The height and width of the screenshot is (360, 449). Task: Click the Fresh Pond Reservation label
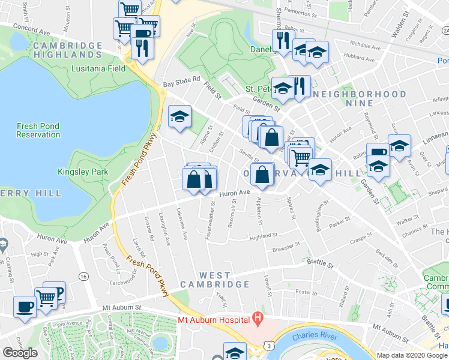click(38, 130)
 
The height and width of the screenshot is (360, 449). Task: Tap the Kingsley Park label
click(83, 172)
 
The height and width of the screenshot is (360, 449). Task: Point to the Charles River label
click(312, 336)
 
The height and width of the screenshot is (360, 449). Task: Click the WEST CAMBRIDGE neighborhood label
click(215, 279)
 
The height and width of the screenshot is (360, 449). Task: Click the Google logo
click(20, 353)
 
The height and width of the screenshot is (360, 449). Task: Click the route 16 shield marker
click(83, 276)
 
